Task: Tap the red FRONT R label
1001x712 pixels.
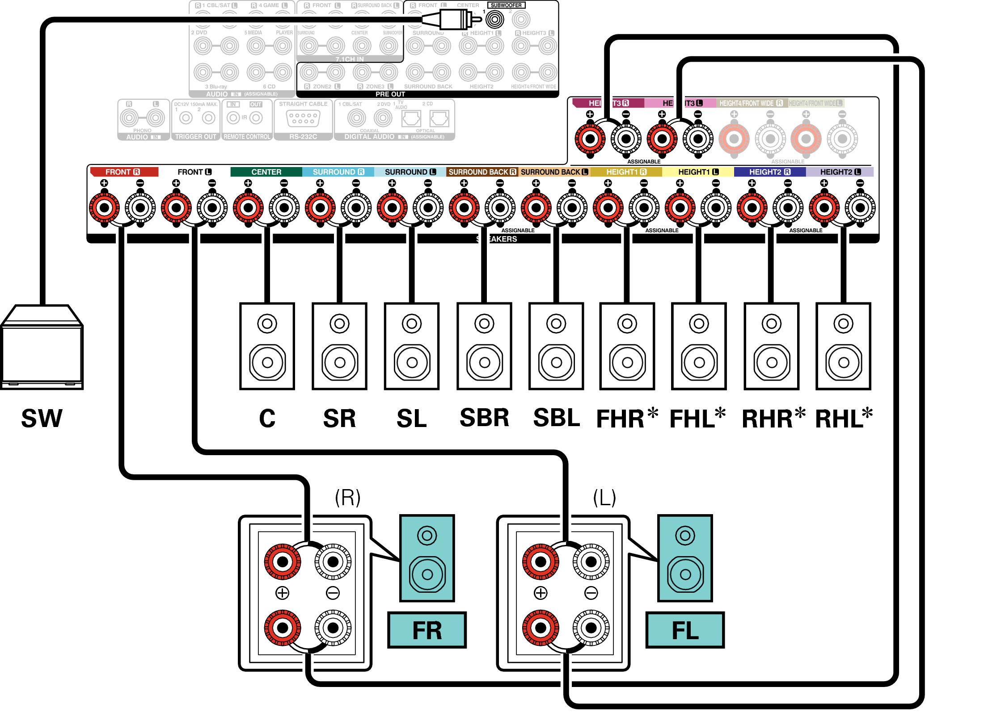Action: tap(123, 172)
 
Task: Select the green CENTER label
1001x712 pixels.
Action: tap(266, 172)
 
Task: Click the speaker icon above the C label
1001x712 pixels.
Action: tap(267, 346)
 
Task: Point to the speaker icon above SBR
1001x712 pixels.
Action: tap(484, 346)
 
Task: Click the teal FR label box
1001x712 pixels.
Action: tap(427, 630)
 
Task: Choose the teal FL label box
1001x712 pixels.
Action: tap(685, 630)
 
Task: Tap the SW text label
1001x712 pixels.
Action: tap(42, 419)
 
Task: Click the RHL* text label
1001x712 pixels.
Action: tap(844, 419)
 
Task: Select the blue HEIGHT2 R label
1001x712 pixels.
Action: tap(769, 172)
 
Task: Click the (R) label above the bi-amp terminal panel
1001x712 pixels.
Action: tap(347, 497)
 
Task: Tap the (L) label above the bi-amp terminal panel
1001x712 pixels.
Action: tap(604, 497)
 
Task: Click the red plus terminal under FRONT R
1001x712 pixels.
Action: tap(105, 208)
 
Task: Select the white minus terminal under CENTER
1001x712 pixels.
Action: tap(284, 208)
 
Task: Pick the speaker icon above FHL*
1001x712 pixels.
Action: tap(699, 346)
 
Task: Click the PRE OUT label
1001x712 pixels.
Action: tap(390, 94)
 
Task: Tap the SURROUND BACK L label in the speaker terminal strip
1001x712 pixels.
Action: tap(554, 172)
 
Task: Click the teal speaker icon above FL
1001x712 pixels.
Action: tap(685, 558)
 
